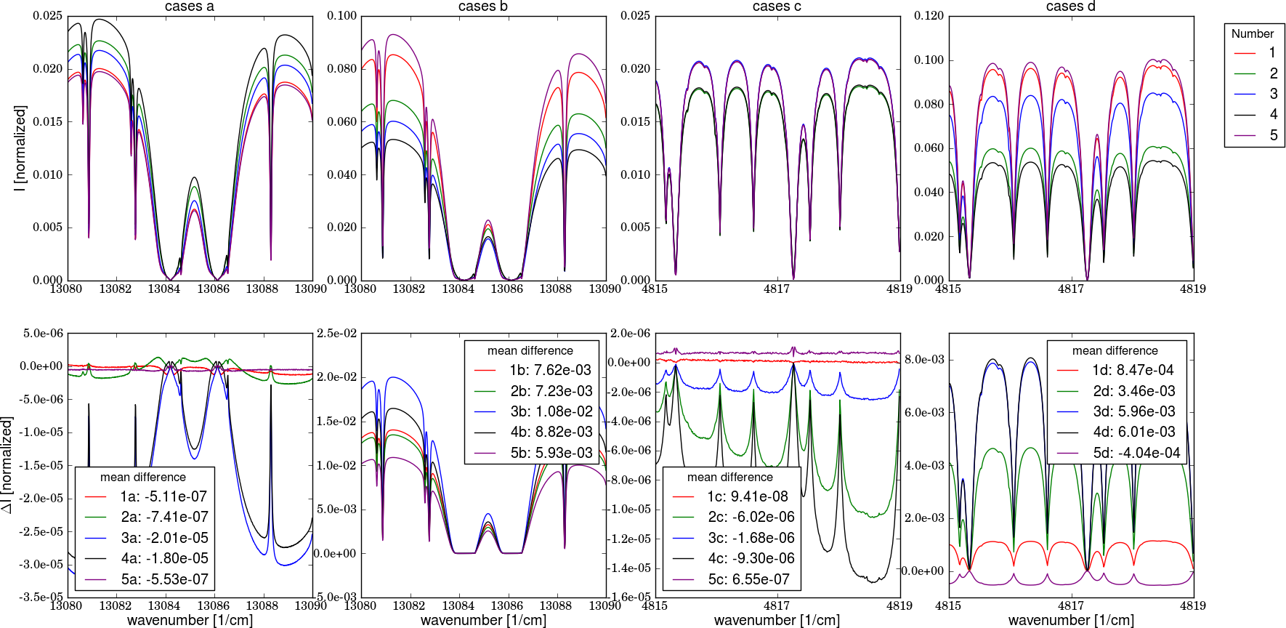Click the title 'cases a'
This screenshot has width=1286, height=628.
(190, 7)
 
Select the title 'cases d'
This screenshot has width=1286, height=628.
(1070, 7)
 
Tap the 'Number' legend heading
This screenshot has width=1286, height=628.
(1253, 33)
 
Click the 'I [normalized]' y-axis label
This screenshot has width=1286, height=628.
(20, 148)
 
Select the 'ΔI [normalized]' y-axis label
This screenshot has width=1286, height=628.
(7, 464)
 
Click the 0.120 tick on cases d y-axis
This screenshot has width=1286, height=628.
(929, 16)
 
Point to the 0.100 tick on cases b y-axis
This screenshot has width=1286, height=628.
(341, 16)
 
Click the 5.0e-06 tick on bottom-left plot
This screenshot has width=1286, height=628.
(44, 334)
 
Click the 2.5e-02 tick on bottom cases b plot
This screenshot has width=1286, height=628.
(336, 334)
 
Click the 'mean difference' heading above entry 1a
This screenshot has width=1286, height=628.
(143, 477)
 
